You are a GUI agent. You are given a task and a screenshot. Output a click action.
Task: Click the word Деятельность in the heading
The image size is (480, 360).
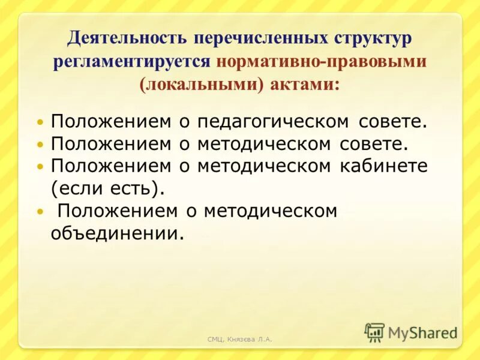click(125, 40)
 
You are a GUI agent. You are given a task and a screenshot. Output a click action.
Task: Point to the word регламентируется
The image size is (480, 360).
click(131, 62)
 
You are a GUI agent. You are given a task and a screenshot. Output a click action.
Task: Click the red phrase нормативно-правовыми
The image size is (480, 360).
click(322, 62)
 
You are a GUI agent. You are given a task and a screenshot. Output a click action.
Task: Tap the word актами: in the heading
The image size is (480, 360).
click(306, 85)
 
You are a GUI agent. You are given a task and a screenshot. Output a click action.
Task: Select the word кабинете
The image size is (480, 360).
click(382, 166)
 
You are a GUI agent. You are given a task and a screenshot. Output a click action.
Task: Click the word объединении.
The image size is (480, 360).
click(116, 233)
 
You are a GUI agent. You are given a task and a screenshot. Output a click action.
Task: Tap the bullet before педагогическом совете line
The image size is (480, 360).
click(40, 122)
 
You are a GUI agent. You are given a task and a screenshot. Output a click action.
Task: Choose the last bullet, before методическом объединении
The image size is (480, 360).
click(40, 211)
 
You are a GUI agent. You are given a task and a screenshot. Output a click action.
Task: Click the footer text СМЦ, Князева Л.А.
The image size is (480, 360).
click(239, 340)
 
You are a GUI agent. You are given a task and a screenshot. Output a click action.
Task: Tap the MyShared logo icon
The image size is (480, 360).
click(374, 332)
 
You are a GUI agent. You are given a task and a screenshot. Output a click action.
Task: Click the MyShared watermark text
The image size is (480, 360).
click(423, 332)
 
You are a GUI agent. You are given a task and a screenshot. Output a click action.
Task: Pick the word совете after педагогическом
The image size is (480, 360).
click(392, 122)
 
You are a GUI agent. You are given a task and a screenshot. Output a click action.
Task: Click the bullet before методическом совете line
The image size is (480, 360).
click(40, 145)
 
